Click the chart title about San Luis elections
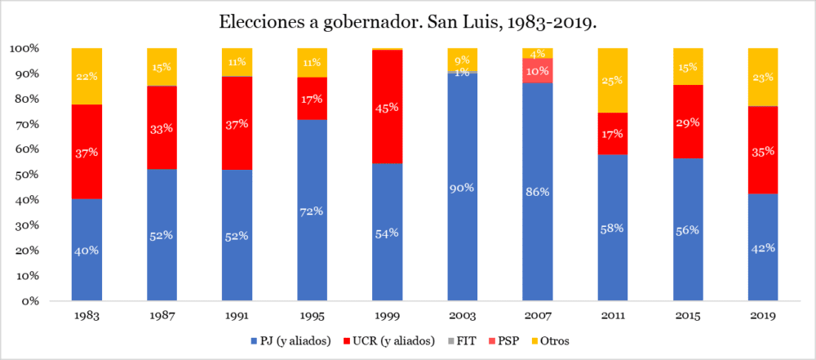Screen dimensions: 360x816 tap(407, 22)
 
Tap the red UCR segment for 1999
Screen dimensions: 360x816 tap(388, 106)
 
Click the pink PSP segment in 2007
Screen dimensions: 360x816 tap(538, 70)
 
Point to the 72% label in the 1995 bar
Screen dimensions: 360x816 tap(312, 211)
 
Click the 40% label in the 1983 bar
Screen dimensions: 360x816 tap(86, 251)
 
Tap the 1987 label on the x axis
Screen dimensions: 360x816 tap(162, 315)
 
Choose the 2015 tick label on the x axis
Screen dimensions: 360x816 tap(688, 315)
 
